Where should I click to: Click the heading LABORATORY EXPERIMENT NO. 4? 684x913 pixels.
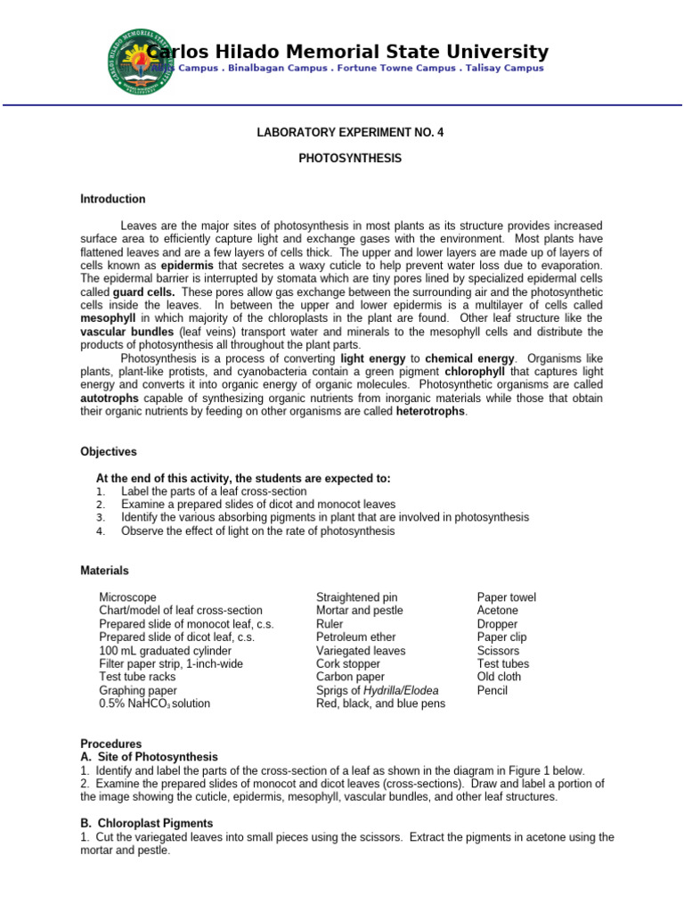point(349,133)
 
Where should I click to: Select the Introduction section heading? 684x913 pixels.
point(113,199)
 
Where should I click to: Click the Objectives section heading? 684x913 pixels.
point(109,452)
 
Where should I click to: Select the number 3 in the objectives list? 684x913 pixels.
point(102,517)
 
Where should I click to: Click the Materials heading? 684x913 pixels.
point(104,571)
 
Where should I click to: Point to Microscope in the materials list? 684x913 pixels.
point(127,597)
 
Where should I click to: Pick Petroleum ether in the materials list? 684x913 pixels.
point(356,637)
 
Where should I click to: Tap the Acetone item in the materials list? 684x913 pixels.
point(497,611)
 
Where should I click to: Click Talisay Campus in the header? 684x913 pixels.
point(509,69)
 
